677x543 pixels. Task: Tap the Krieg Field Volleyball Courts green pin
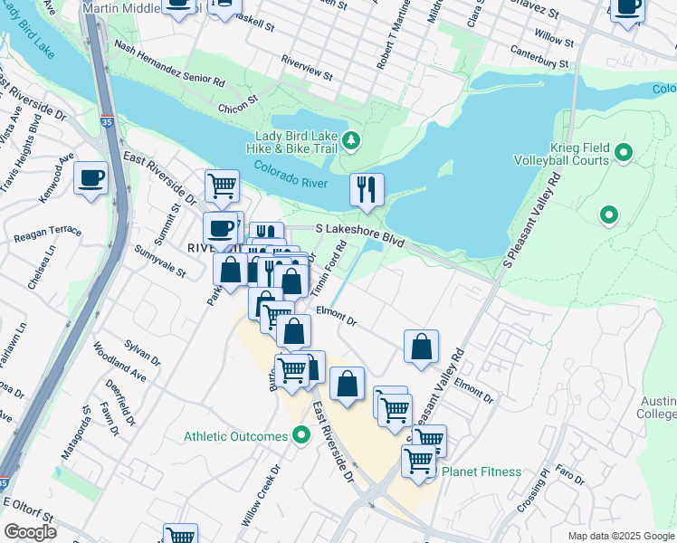[x=624, y=152]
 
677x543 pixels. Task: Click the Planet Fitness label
[x=481, y=472]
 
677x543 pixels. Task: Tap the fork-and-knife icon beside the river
[x=367, y=190]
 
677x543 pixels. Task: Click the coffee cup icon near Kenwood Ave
[x=91, y=177]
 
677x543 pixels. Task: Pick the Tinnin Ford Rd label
[x=329, y=267]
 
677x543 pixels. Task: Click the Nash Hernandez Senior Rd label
[x=169, y=67]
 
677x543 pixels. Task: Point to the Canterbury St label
[x=539, y=57]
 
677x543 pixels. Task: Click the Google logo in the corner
[x=30, y=531]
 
